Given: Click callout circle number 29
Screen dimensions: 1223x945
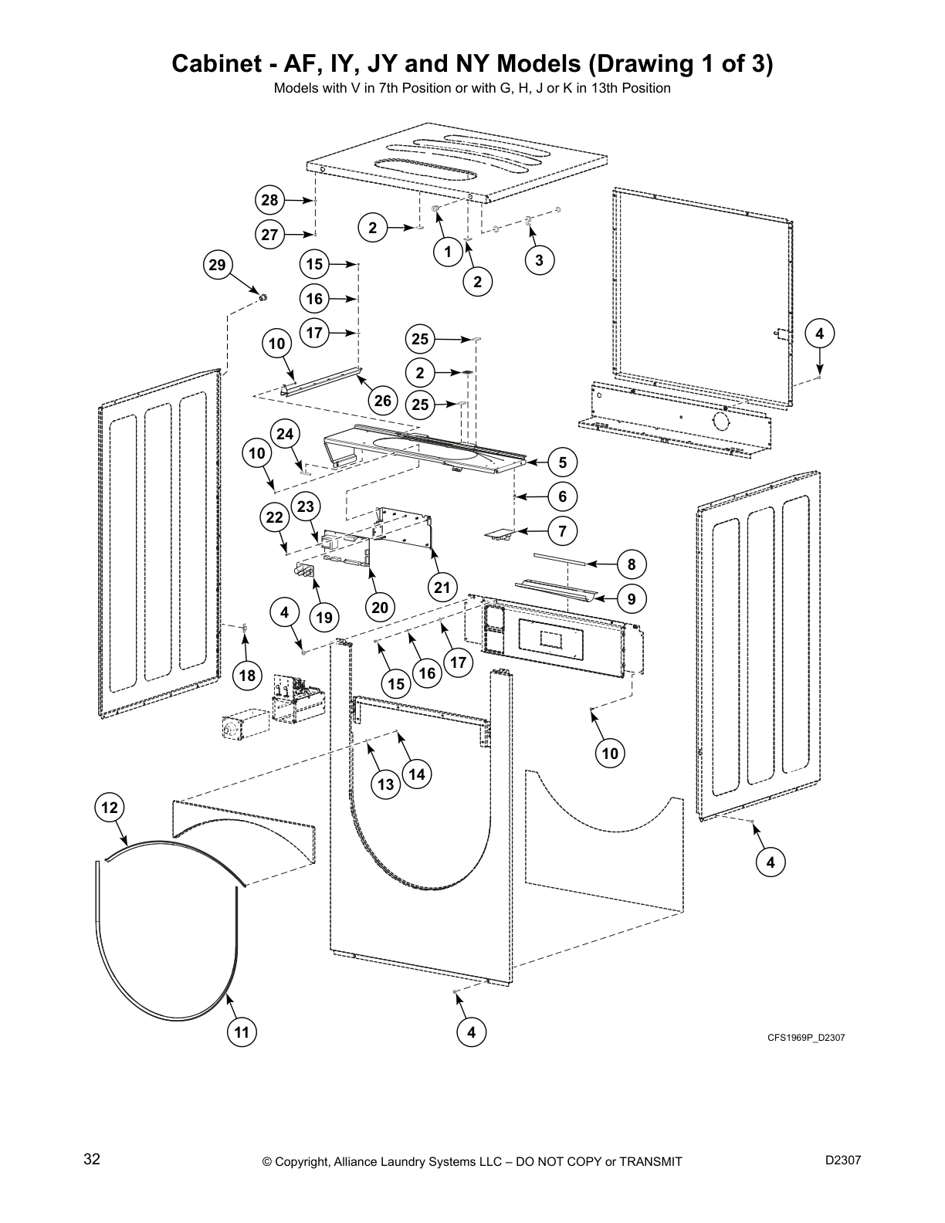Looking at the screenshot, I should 218,266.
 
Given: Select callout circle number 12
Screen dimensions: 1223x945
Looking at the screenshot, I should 110,808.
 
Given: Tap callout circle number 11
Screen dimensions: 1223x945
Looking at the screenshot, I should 242,1032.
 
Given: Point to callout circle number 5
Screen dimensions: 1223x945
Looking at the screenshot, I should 563,462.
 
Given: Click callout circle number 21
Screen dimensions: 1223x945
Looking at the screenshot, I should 442,588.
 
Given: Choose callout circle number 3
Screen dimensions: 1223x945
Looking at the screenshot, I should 539,260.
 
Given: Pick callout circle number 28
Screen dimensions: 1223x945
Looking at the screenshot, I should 269,201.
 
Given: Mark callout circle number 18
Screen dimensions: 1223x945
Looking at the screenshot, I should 247,676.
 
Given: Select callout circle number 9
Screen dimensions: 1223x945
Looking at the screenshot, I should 632,598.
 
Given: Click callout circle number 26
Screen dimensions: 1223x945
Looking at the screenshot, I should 383,400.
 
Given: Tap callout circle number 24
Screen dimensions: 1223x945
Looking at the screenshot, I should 286,434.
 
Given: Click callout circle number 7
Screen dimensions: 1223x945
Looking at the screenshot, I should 563,530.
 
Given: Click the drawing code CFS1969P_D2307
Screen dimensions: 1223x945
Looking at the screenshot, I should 805,1038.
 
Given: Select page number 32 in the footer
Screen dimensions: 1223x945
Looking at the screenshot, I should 92,1160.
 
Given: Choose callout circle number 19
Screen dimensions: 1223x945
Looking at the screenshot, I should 324,617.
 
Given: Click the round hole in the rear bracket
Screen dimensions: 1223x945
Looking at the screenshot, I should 721,422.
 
